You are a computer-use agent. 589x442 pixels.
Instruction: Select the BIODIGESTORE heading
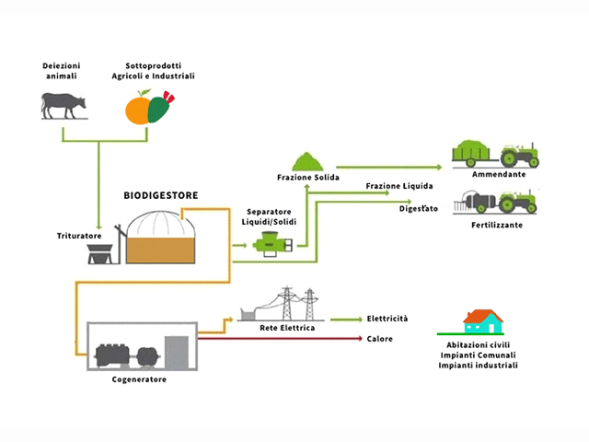(161, 196)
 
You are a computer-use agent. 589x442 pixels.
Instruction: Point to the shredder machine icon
(101, 250)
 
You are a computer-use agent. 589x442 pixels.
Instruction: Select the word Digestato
(418, 209)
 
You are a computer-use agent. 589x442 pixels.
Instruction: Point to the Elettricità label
(387, 319)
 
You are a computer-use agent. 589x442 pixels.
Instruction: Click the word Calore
(379, 339)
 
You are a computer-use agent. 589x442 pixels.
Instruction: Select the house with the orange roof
(482, 321)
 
